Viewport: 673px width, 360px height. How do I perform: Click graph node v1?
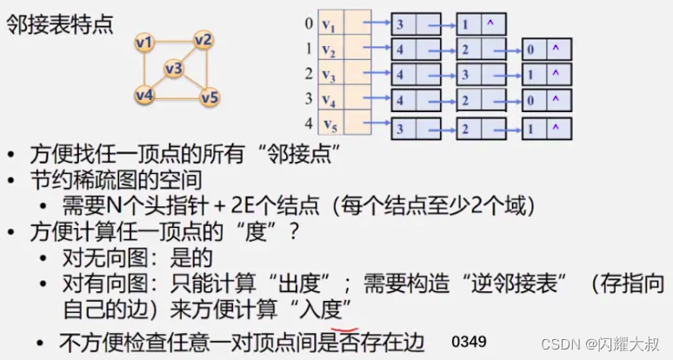pyautogui.click(x=146, y=42)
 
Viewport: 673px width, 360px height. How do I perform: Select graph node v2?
pyautogui.click(x=204, y=40)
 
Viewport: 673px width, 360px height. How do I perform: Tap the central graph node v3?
pyautogui.click(x=174, y=68)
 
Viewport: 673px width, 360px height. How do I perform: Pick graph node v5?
pyautogui.click(x=209, y=97)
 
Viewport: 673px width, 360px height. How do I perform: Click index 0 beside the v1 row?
pyautogui.click(x=309, y=23)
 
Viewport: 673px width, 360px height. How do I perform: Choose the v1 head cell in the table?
pyautogui.click(x=330, y=23)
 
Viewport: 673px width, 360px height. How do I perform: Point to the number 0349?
pyautogui.click(x=470, y=340)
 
